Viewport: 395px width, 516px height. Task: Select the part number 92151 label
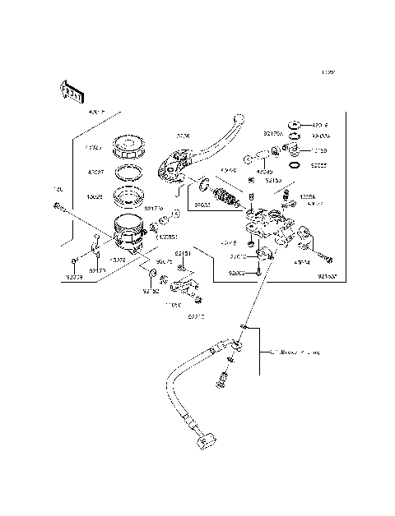pyautogui.click(x=184, y=255)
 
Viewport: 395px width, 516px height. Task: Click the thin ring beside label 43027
pyautogui.click(x=129, y=173)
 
